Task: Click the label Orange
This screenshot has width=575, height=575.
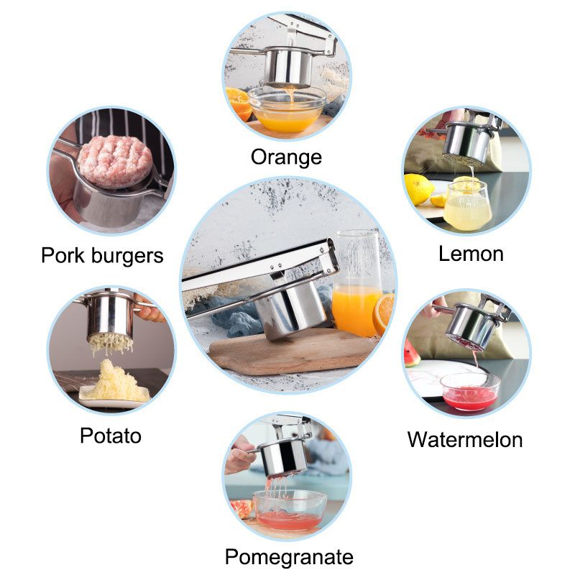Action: [286, 157]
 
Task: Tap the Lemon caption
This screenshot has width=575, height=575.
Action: [471, 254]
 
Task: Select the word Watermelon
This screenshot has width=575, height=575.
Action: [465, 439]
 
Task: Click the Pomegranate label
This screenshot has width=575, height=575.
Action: [289, 558]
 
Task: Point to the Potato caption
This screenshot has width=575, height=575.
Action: [111, 436]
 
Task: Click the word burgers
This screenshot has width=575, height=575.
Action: [127, 256]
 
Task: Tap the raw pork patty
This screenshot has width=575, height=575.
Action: [115, 160]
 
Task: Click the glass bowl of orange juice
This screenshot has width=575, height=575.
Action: [287, 109]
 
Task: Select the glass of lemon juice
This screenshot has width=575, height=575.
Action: [467, 205]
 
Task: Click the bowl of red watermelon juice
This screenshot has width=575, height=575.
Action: [470, 392]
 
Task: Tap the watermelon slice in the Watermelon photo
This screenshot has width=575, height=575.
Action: [411, 353]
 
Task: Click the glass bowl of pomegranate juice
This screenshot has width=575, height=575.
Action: [290, 510]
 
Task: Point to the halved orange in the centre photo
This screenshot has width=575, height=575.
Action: [384, 314]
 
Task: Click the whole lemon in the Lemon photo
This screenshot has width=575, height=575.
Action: [418, 189]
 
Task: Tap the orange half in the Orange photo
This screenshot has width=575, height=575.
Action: [239, 103]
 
